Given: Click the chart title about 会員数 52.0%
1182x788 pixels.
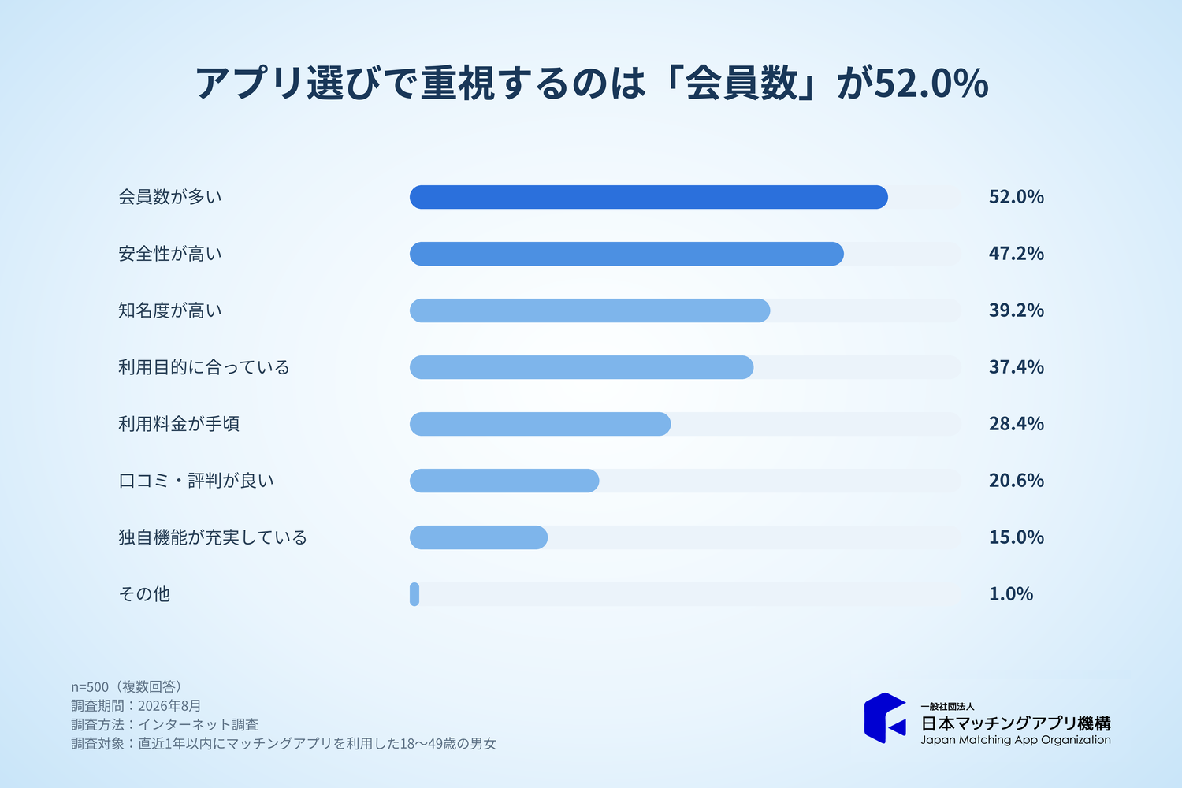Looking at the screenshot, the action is (592, 84).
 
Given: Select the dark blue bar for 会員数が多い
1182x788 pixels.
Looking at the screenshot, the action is (649, 197).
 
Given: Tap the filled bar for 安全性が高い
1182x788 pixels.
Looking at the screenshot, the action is (626, 254).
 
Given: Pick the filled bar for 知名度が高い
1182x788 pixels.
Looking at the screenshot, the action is (589, 310).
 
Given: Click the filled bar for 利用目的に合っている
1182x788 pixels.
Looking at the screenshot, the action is (582, 367).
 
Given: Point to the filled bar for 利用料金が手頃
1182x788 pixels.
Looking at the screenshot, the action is (540, 424).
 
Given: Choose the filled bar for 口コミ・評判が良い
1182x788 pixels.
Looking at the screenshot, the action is (504, 481).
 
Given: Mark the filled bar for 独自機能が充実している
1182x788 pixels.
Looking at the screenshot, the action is (478, 537).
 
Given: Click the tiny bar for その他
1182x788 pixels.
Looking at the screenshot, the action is (414, 594).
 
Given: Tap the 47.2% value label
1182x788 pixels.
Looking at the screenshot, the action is (1017, 254).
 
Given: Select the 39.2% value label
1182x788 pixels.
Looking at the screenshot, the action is (1017, 310).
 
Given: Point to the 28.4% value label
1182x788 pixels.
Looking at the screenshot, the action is (1017, 423).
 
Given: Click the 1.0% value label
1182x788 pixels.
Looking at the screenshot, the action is (1010, 594).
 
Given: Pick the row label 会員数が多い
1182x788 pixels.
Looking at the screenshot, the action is (170, 197).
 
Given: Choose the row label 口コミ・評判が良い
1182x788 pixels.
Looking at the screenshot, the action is (195, 481).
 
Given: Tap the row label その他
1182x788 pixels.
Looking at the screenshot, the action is (144, 594).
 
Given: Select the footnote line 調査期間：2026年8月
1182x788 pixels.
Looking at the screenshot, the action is (136, 706).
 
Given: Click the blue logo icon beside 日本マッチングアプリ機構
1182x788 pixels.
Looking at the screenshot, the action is (885, 718).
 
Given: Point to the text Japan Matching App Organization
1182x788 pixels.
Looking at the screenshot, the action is (1016, 740).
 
